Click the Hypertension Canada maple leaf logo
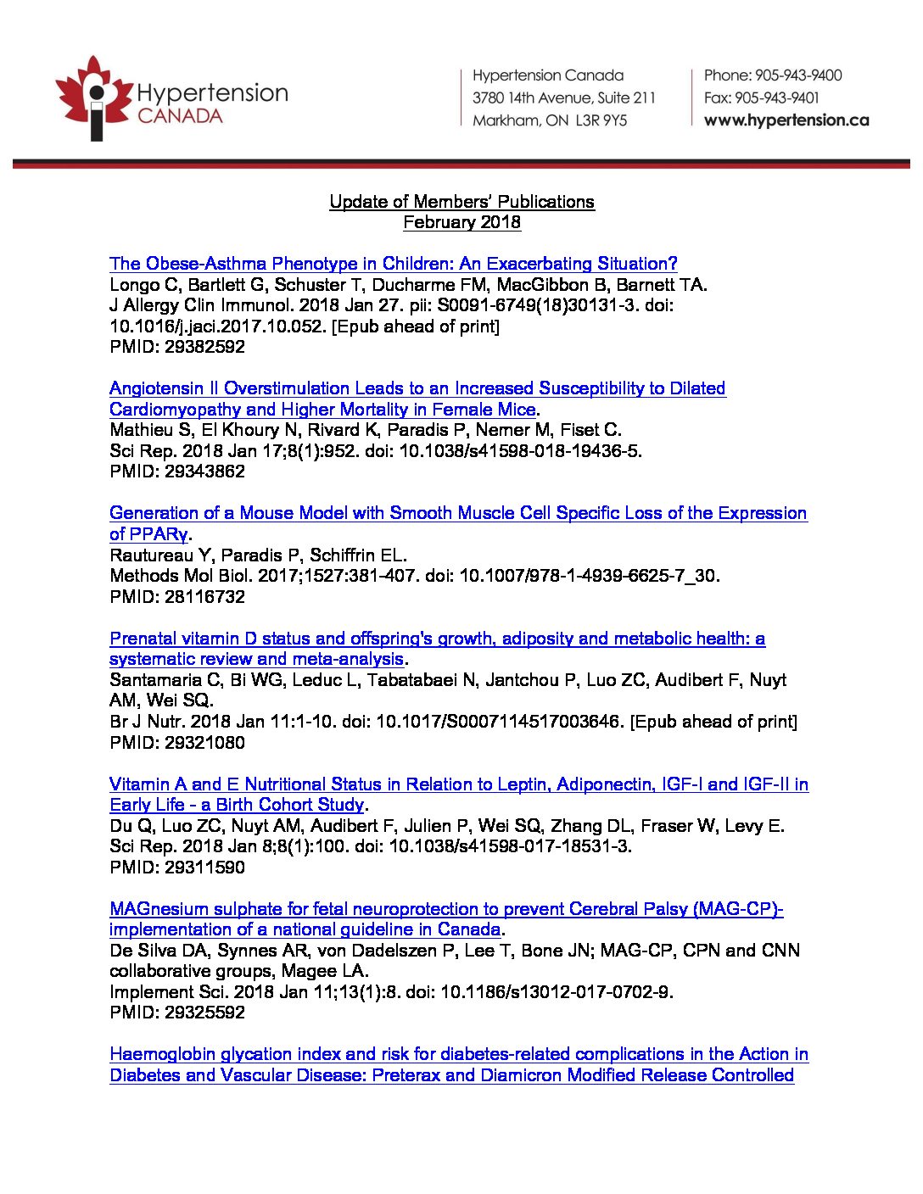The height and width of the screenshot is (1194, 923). point(94,98)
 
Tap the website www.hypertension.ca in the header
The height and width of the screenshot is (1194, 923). point(786,120)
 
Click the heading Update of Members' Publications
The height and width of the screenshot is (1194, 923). point(461,202)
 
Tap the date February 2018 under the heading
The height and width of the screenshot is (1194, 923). point(461,222)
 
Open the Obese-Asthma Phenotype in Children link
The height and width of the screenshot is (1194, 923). point(393,264)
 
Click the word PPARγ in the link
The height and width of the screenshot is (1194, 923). point(159,534)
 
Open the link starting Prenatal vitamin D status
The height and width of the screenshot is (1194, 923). point(437,639)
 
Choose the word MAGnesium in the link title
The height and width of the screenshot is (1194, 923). point(159,909)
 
